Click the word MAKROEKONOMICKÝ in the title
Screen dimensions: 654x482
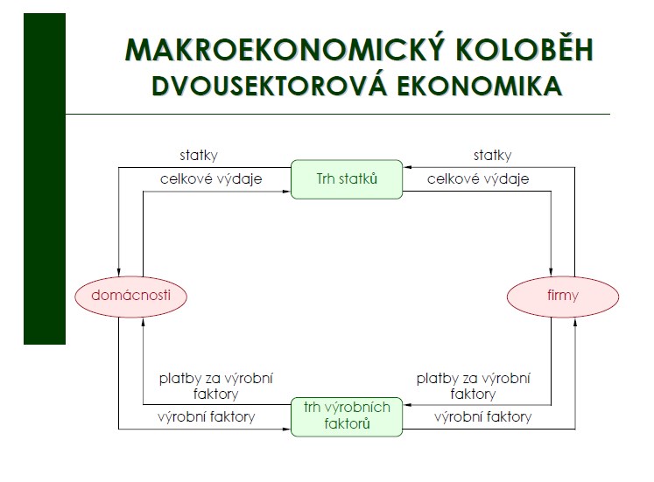pos(285,49)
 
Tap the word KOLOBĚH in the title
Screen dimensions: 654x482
pos(524,49)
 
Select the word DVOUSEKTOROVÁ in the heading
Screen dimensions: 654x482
pos(270,86)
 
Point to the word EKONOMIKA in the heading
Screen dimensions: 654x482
pos(479,87)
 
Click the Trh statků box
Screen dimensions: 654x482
pos(347,179)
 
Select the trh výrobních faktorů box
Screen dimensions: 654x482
pos(347,416)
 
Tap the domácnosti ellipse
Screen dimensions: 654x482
pos(131,297)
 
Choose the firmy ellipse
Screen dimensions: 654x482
pos(563,297)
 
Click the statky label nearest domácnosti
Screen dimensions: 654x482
pos(199,156)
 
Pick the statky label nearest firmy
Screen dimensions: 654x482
pos(493,156)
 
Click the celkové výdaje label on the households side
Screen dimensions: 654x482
pos(211,178)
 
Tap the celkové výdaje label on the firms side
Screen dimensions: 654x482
pos(478,178)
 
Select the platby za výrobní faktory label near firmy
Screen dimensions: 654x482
pos(473,386)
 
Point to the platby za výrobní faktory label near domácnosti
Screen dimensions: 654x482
pos(215,386)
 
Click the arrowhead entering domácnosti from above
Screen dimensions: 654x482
pos(119,272)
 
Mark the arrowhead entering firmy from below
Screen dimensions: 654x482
pos(575,322)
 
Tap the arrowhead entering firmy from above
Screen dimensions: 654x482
pos(552,272)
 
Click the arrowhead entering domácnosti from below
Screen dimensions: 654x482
pos(143,322)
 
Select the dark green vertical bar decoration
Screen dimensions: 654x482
pos(45,178)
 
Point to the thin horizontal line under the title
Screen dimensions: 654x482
pos(338,114)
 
